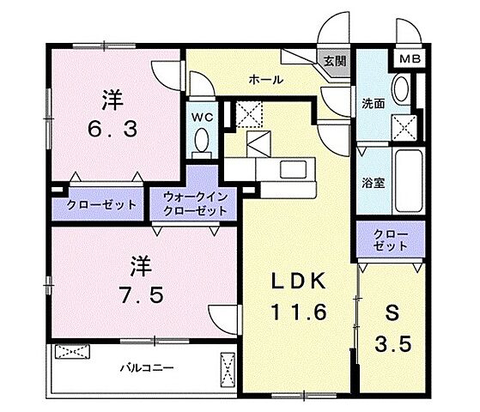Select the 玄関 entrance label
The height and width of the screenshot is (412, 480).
point(334,61)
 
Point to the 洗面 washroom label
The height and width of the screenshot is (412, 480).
point(374,103)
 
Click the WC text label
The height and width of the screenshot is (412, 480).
point(201,114)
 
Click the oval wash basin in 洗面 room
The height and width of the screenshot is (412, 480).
point(400,91)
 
